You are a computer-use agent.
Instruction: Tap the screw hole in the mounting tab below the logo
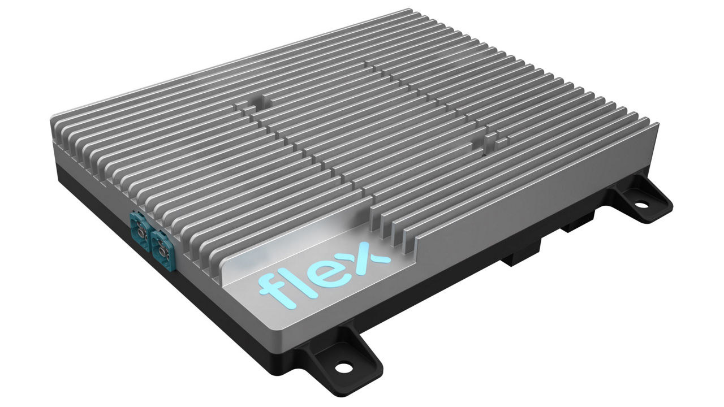pos(341,368)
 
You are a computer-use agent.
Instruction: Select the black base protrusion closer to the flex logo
pos(518,257)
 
